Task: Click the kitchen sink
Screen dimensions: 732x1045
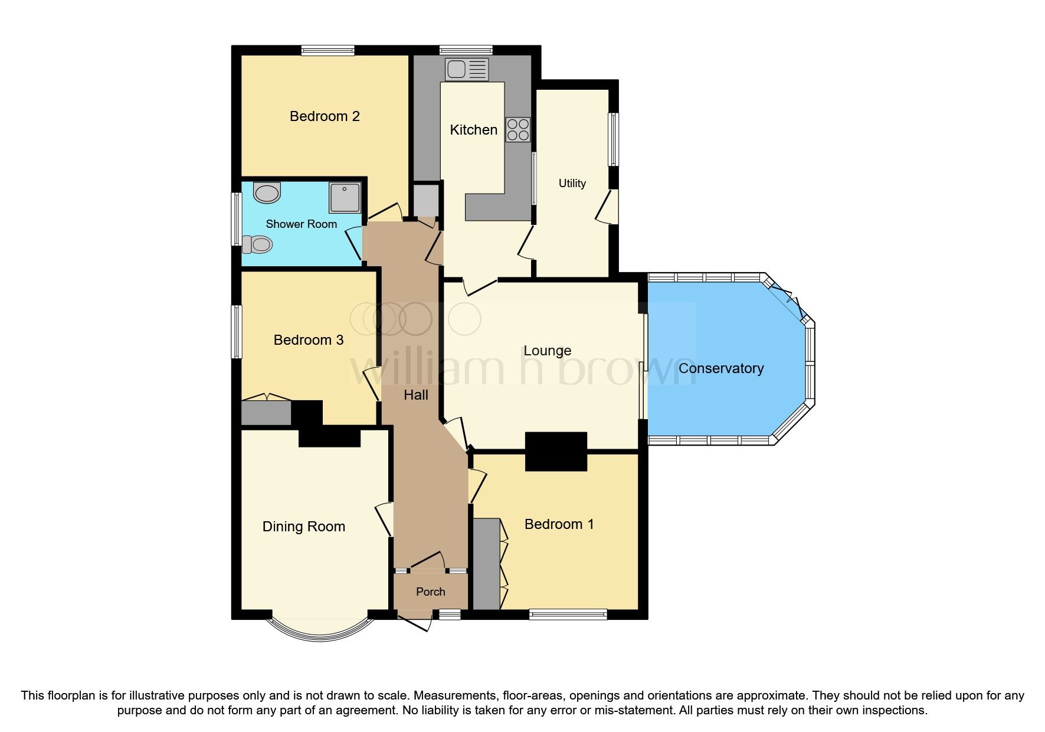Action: tap(467, 69)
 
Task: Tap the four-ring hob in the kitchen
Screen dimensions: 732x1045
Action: tap(517, 130)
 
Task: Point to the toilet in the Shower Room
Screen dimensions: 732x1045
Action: tap(258, 244)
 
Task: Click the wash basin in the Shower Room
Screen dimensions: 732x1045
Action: tap(267, 192)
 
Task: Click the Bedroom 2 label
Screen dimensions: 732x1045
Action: tap(325, 116)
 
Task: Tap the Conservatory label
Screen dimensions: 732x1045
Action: tap(720, 368)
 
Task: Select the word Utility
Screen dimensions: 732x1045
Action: tap(572, 183)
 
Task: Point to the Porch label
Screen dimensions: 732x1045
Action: tap(430, 592)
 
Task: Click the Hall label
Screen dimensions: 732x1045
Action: tap(415, 395)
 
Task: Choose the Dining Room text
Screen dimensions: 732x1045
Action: tap(303, 527)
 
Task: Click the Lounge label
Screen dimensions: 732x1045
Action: tap(547, 351)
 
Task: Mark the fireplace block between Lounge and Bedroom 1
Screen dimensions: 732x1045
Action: tap(556, 451)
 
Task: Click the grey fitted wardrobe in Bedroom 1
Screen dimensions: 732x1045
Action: tap(486, 564)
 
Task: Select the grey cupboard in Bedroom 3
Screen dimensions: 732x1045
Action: tap(266, 413)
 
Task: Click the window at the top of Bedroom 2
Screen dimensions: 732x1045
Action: tap(327, 51)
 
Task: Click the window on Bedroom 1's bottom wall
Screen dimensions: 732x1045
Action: tap(568, 615)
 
